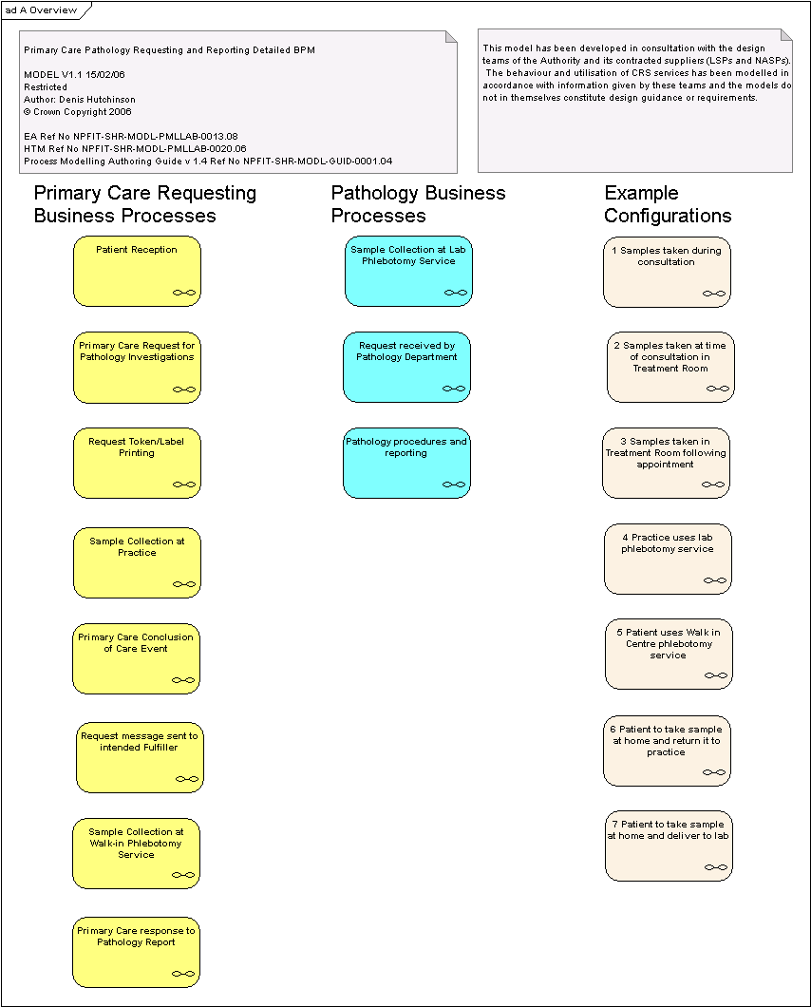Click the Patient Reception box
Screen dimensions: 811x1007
(137, 271)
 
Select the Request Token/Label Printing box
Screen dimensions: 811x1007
(137, 463)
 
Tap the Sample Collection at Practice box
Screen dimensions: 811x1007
(137, 562)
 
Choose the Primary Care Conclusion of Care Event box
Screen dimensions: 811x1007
(136, 658)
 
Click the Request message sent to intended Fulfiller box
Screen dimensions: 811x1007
(140, 757)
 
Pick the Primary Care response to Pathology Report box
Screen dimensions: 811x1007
(136, 952)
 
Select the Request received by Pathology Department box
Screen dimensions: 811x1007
(406, 367)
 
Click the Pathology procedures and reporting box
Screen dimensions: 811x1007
(406, 463)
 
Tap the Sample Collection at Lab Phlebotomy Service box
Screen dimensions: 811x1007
(408, 271)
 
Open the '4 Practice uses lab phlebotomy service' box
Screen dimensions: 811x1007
(668, 559)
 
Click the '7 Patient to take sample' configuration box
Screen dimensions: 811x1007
(669, 845)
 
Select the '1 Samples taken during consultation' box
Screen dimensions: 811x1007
(668, 272)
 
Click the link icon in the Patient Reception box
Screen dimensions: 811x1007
(184, 293)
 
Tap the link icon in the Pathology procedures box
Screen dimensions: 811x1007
(454, 484)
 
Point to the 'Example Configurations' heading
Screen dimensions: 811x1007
(668, 204)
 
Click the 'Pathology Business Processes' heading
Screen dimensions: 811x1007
(418, 204)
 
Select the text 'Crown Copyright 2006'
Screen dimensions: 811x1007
(83, 112)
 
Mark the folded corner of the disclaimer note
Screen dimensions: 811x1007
(786, 35)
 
